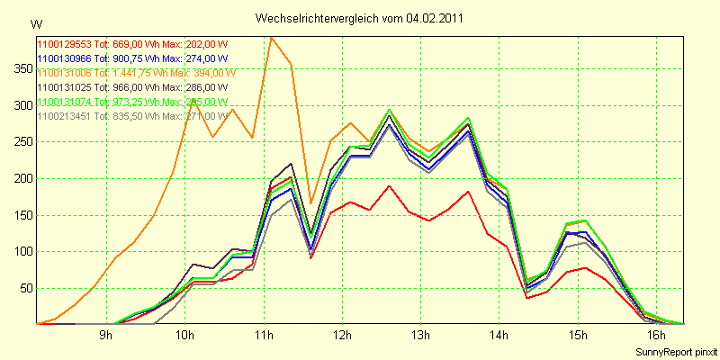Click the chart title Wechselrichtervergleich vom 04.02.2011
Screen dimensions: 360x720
[x=360, y=17]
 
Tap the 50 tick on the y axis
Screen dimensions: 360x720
[x=22, y=288]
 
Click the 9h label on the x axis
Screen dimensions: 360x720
[x=106, y=336]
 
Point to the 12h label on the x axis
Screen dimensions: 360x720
[x=342, y=336]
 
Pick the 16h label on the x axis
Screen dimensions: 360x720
[x=658, y=336]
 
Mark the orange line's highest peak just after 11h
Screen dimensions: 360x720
[x=271, y=37]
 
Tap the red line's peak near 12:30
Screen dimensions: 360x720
[x=389, y=186]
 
